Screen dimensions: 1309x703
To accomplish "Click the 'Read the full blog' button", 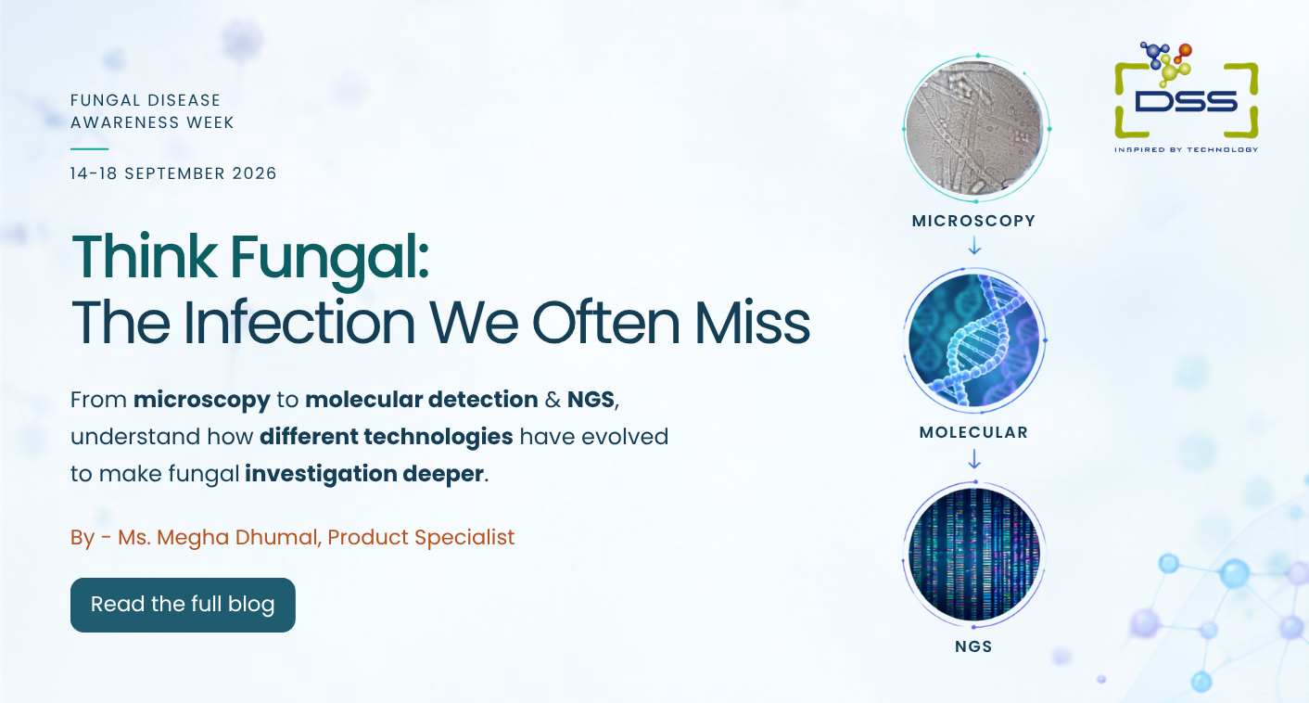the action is point(183,605).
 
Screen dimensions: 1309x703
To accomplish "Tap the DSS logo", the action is point(1187,97).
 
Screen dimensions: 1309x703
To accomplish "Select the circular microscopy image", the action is point(976,129).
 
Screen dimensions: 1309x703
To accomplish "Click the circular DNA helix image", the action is point(974,340).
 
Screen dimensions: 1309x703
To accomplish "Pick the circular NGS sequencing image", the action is point(974,555).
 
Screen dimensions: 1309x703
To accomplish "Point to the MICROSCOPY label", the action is point(973,221).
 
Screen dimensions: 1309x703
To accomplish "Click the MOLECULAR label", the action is point(973,433).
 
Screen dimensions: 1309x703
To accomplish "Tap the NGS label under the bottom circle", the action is point(973,646).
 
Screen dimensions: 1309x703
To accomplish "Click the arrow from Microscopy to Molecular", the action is point(974,245).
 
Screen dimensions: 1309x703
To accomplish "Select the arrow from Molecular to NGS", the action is point(974,459).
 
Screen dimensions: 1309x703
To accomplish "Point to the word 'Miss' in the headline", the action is point(752,323).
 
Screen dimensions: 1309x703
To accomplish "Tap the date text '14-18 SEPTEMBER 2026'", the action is point(173,173).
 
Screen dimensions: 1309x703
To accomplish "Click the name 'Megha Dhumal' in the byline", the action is point(237,538).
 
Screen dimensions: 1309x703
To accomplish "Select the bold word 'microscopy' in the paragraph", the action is point(201,401).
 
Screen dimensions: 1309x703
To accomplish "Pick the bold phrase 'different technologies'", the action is point(387,437).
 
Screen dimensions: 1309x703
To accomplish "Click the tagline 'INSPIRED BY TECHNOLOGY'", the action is point(1187,149).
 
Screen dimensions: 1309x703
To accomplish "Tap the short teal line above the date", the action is point(89,149).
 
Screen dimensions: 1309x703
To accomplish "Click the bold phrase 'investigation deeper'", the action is point(364,474).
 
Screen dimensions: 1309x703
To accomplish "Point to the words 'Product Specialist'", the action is point(421,538).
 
